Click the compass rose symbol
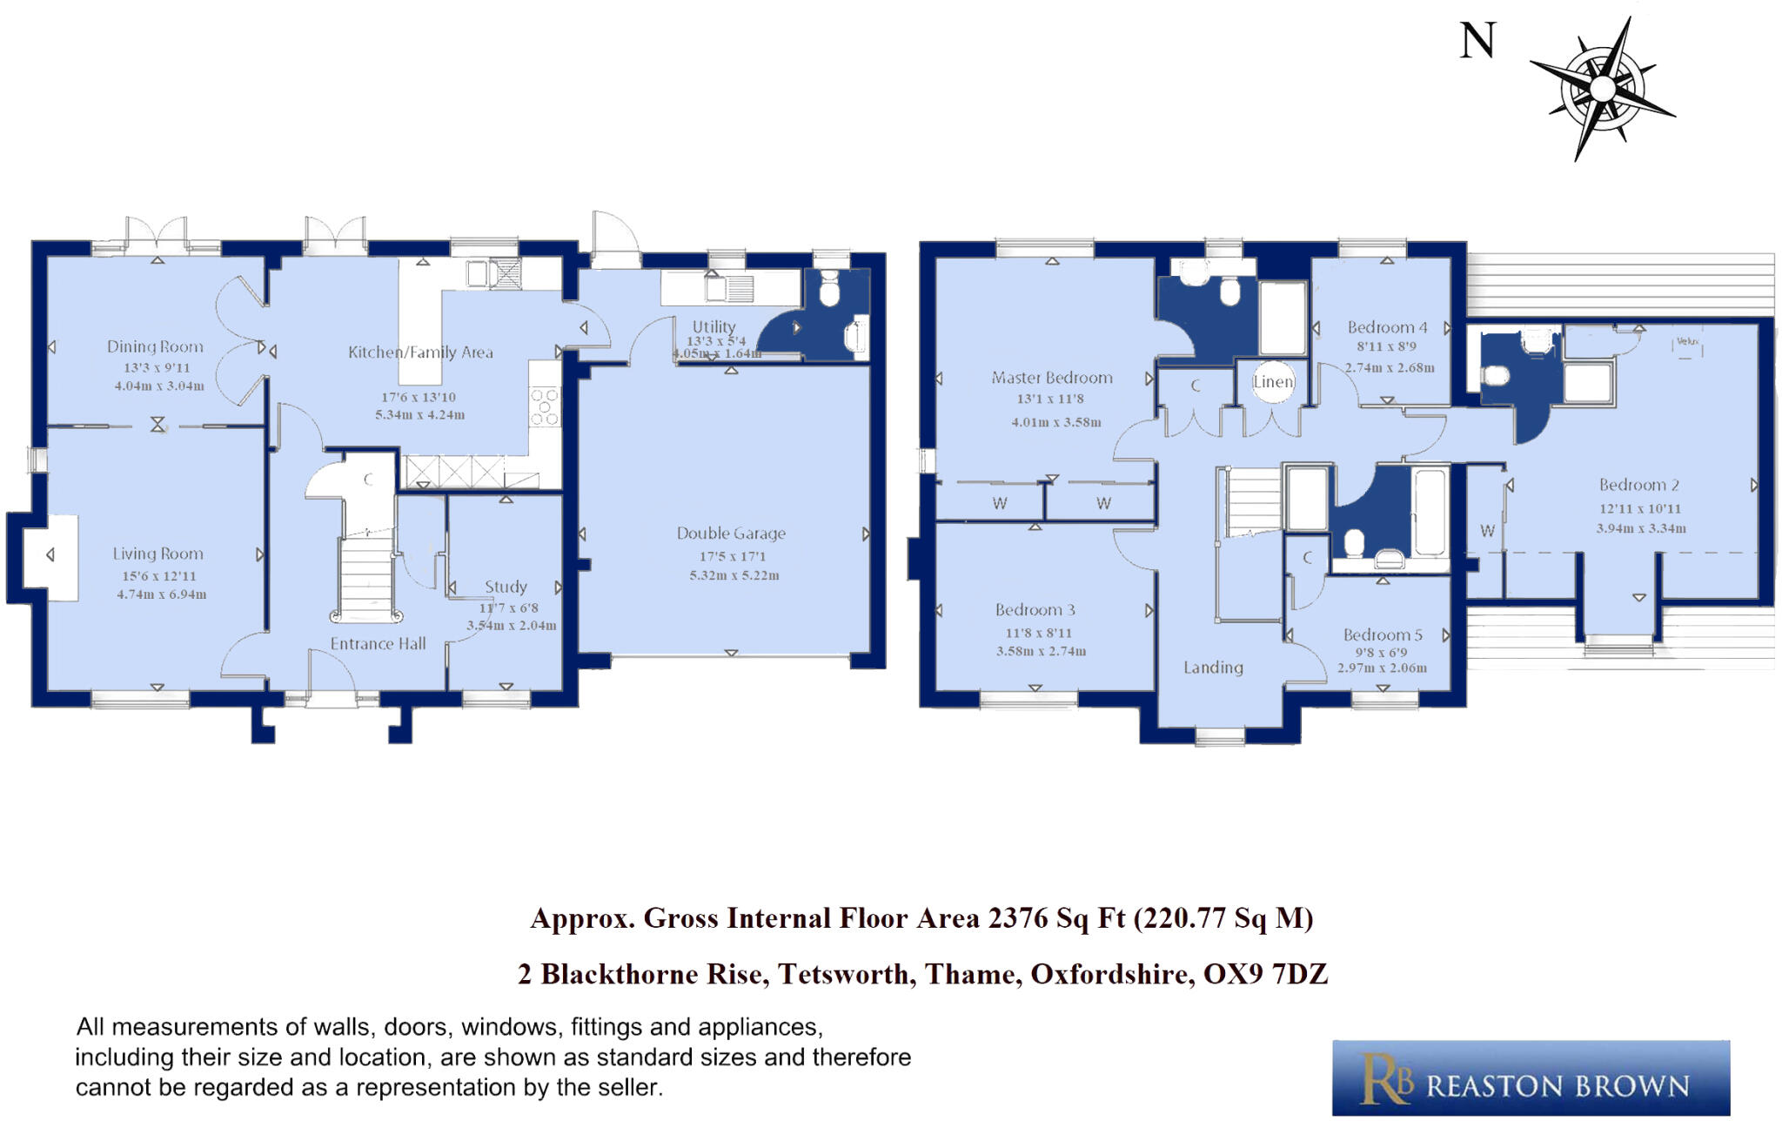click(x=1602, y=89)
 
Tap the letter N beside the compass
click(x=1477, y=41)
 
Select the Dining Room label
click(x=155, y=346)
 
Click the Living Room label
click(x=157, y=554)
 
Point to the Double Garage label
click(x=731, y=534)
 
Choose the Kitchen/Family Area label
click(x=420, y=352)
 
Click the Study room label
click(x=506, y=587)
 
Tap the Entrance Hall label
click(x=378, y=644)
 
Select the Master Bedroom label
click(x=1051, y=378)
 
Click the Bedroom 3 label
click(x=1035, y=610)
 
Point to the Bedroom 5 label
click(x=1382, y=634)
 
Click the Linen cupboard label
click(x=1273, y=381)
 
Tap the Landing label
click(x=1213, y=668)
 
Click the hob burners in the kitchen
click(x=545, y=407)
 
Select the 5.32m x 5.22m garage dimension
click(x=734, y=575)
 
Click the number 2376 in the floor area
click(x=1017, y=918)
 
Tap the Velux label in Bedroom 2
click(x=1687, y=342)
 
